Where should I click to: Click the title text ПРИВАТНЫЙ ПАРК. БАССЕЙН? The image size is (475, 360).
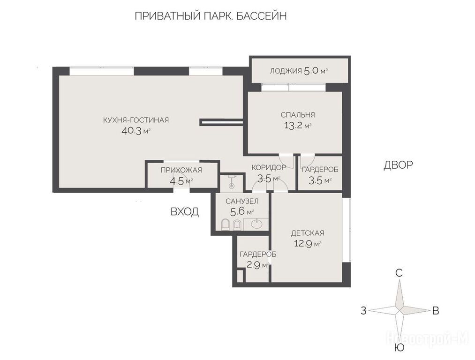[x=211, y=16]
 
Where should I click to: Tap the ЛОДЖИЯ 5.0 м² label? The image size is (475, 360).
[x=299, y=71]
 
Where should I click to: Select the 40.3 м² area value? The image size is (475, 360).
[x=136, y=131]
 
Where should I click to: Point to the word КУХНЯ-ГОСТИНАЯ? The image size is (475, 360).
[x=136, y=120]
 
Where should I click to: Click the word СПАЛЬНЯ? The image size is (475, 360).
[x=298, y=115]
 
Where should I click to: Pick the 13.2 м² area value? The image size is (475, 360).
[x=298, y=125]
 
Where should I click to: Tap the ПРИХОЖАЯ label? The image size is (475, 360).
[x=181, y=170]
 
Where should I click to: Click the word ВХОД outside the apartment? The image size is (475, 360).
[x=185, y=211]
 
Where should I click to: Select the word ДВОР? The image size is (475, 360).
[x=398, y=165]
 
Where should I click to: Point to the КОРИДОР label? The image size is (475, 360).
[x=269, y=167]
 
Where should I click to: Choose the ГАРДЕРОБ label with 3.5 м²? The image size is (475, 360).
[x=320, y=170]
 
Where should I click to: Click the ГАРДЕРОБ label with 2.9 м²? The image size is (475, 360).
[x=258, y=255]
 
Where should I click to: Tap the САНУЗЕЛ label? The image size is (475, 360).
[x=242, y=201]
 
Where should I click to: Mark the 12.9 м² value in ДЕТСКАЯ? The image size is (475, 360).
[x=308, y=243]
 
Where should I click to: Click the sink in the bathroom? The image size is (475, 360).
[x=257, y=225]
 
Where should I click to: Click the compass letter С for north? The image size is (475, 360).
[x=399, y=273]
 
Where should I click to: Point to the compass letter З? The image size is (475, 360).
[x=363, y=311]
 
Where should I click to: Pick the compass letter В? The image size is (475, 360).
[x=436, y=311]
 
